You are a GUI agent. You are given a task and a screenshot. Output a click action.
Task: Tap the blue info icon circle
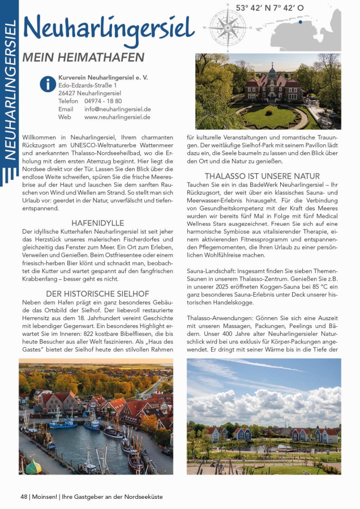click(x=48, y=84)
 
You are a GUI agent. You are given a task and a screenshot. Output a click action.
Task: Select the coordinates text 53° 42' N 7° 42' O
click(x=269, y=8)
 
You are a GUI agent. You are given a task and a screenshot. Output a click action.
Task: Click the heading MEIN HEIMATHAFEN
click(x=83, y=58)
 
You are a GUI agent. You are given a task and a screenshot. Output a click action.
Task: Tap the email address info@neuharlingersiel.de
click(x=117, y=109)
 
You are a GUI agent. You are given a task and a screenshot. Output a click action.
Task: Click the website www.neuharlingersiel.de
click(x=117, y=117)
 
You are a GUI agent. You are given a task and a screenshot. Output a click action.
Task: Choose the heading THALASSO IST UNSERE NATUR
click(x=262, y=176)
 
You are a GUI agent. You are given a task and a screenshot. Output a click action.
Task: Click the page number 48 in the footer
click(x=24, y=497)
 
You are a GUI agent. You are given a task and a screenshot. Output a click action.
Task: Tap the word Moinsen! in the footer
click(x=45, y=497)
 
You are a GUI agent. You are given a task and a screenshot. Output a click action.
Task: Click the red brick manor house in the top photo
click(x=272, y=88)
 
